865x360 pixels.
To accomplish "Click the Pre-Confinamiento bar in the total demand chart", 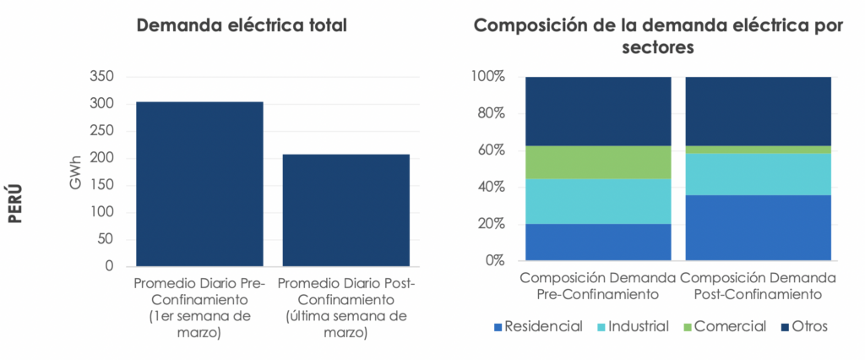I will [x=199, y=183].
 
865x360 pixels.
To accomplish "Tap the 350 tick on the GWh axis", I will [x=100, y=77].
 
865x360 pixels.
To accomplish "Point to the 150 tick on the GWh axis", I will [x=100, y=185].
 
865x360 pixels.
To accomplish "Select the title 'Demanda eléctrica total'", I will [x=242, y=25].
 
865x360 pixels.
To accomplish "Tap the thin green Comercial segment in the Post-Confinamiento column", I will [x=758, y=150].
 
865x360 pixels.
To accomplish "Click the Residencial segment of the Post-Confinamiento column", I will [x=758, y=227].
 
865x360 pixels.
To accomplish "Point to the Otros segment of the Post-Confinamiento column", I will [x=758, y=112].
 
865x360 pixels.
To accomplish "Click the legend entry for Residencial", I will [x=537, y=327].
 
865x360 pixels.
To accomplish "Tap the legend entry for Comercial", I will [x=724, y=327].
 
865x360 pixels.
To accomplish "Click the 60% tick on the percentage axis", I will [x=487, y=150].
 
